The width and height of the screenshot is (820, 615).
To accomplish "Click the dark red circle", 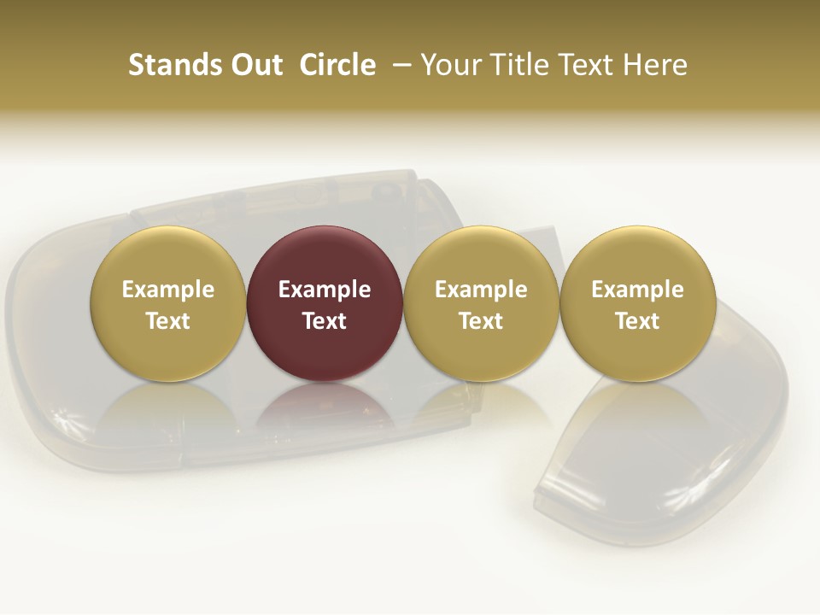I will point(325,303).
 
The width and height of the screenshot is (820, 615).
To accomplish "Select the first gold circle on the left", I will point(168,303).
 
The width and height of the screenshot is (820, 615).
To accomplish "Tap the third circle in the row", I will point(481,303).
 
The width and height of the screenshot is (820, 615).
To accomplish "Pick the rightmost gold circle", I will point(638,303).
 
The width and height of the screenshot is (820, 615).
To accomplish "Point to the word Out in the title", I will point(255,65).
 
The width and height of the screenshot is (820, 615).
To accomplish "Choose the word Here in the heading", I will point(656,65).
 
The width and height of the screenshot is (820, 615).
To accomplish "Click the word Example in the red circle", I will point(325,290).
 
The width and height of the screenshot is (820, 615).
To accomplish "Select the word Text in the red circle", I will point(325,321).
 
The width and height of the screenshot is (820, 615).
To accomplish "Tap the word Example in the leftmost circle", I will point(168,290).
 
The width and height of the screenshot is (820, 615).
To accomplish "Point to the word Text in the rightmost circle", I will point(638,321).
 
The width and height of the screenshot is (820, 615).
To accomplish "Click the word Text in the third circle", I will point(481,321).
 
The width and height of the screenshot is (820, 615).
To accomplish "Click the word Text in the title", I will point(590,65).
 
